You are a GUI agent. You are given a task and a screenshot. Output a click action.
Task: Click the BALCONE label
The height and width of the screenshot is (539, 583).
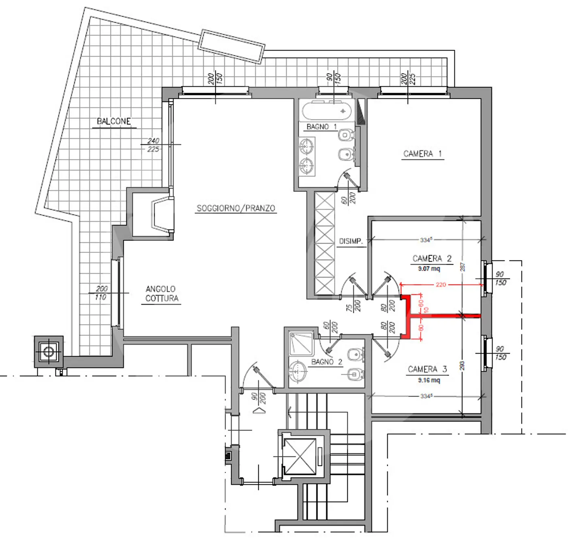[x=114, y=121]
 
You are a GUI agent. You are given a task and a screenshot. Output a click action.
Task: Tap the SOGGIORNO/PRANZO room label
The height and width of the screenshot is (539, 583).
[x=236, y=208]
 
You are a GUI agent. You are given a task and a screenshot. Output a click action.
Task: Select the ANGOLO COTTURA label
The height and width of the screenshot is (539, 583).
[x=161, y=294]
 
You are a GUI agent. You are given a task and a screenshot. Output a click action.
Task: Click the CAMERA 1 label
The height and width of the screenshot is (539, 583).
[x=422, y=154]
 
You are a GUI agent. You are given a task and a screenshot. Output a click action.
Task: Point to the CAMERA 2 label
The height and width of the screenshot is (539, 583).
[x=432, y=259]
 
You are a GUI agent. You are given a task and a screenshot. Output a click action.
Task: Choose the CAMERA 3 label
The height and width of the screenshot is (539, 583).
[x=427, y=369]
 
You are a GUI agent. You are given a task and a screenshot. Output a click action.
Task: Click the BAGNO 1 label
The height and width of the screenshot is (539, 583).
[x=321, y=127]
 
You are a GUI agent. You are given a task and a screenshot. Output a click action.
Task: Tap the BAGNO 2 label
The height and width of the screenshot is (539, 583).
[x=326, y=362]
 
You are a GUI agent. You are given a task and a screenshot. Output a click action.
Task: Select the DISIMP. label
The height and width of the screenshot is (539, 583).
[x=351, y=241]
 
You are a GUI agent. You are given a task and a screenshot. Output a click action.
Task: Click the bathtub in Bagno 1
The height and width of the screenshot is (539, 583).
[x=328, y=110]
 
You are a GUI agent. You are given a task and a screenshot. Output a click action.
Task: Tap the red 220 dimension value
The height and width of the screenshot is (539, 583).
[x=441, y=284]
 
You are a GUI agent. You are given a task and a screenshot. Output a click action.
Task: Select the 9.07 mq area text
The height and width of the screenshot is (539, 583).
[x=429, y=269]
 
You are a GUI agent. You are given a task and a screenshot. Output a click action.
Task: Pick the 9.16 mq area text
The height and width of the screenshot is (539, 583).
[x=429, y=380]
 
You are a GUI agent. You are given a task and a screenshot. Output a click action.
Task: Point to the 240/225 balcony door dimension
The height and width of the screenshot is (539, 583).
[x=153, y=145]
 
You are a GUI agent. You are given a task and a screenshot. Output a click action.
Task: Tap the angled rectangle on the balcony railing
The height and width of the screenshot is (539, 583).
[x=231, y=46]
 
